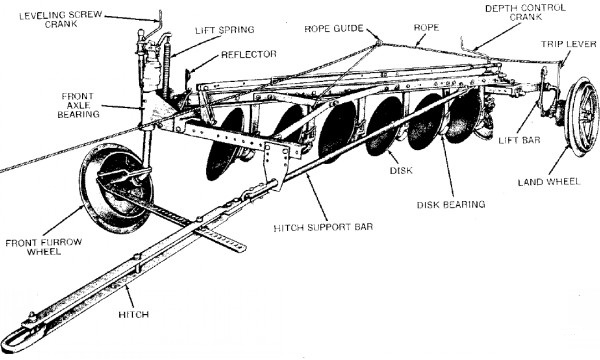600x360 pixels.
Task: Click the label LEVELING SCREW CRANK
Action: coord(60,20)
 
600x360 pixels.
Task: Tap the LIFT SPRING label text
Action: coord(225,30)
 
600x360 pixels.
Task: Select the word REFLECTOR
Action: coord(249,54)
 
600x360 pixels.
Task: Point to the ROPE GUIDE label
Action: coord(334,29)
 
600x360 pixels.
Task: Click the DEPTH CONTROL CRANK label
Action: coord(525,12)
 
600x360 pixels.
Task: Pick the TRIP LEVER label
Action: coord(569,44)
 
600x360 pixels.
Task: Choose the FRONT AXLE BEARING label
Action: coord(78,105)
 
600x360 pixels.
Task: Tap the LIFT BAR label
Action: coord(519,140)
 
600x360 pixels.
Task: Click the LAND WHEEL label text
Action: coord(549,182)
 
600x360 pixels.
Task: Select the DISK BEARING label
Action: coord(451,205)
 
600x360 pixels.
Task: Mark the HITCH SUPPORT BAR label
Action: coord(323,227)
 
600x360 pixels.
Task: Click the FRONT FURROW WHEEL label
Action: coord(44,247)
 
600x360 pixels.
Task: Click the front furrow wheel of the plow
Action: coord(116,188)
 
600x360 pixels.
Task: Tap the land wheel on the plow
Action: coord(582,117)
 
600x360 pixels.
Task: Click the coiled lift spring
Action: coord(166,68)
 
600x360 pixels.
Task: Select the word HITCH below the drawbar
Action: coord(133,315)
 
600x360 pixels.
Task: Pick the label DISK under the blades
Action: coord(401,171)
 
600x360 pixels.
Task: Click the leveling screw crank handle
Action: coord(158,27)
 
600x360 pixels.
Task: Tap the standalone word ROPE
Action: coord(426,28)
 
